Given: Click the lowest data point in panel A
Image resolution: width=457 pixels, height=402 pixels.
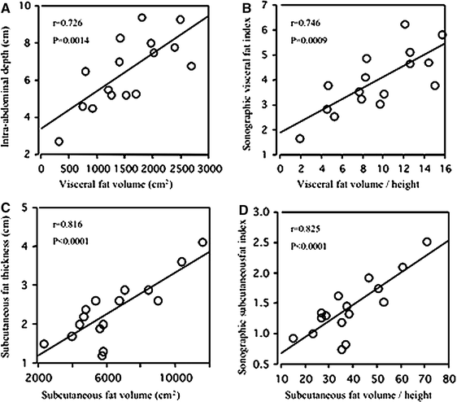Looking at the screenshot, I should (x=59, y=142).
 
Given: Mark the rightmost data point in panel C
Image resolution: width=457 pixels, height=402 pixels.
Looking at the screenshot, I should (x=202, y=243).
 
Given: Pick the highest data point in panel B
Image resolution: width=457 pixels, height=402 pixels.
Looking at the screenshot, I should (x=404, y=24).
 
